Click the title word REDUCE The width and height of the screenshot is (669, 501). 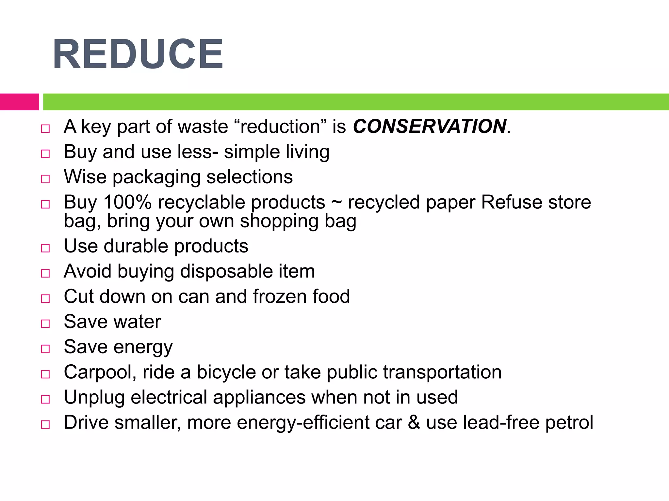(138, 54)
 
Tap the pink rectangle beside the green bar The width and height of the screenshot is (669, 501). (19, 102)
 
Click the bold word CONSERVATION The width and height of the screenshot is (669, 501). (430, 127)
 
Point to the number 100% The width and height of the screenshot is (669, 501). (127, 202)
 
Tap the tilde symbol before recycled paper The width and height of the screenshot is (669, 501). (336, 202)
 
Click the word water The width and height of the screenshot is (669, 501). (137, 322)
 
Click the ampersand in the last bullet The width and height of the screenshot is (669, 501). (414, 422)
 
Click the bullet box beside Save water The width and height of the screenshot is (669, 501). (45, 324)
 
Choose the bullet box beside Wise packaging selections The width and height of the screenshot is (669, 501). (45, 179)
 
